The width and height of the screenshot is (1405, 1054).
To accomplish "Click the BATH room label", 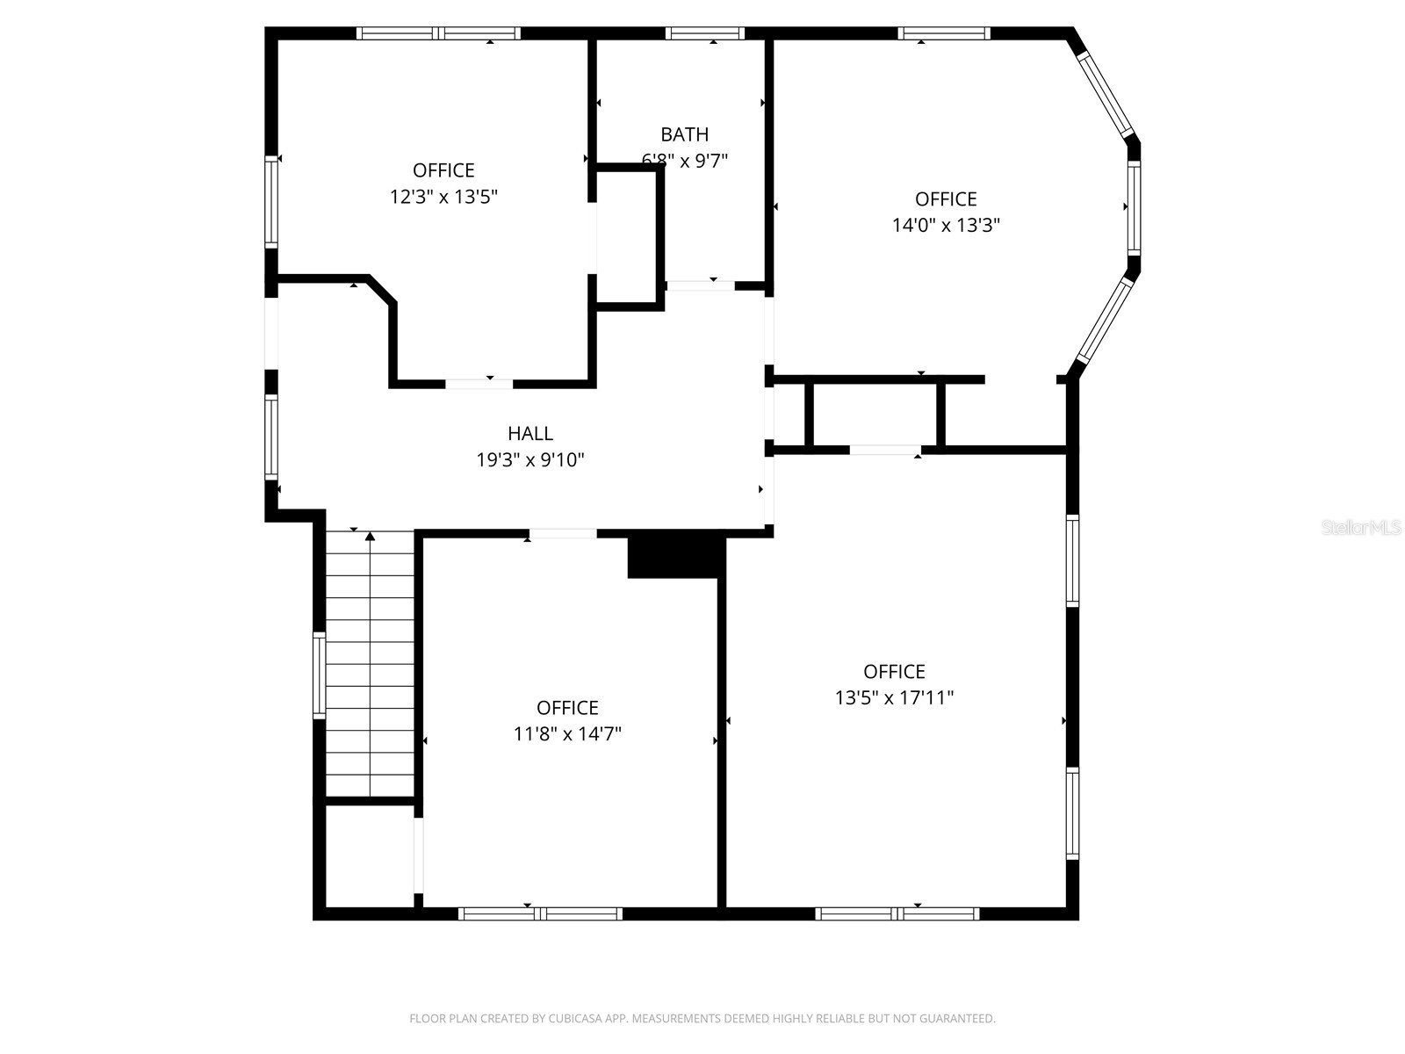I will [684, 134].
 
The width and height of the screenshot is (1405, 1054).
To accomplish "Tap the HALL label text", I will [530, 433].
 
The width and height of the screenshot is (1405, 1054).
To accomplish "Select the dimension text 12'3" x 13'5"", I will [443, 197].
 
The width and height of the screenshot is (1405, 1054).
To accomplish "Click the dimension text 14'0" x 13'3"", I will [946, 225].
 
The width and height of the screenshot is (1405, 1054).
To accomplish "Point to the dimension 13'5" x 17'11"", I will [894, 698].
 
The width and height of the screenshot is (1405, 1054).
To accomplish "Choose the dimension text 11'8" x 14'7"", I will [567, 734].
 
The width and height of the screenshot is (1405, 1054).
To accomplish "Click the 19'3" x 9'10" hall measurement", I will [530, 459].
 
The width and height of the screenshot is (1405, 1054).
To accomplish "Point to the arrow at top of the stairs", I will [371, 536].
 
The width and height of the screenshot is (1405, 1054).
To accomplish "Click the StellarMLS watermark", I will [1361, 527].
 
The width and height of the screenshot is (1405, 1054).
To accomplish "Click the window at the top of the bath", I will [704, 33].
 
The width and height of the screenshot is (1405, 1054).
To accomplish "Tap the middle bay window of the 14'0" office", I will [1134, 207].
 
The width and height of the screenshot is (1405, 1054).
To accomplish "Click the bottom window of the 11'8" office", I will [540, 913].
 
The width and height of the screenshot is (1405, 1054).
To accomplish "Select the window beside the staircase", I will [320, 675].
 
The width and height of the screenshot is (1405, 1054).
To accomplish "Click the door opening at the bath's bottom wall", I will [700, 285].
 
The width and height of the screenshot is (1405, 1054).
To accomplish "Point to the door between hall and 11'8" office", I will [562, 533].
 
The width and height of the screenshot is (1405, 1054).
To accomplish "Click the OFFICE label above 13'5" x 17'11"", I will [894, 672].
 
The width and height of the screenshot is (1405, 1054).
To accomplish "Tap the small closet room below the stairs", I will [369, 855].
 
